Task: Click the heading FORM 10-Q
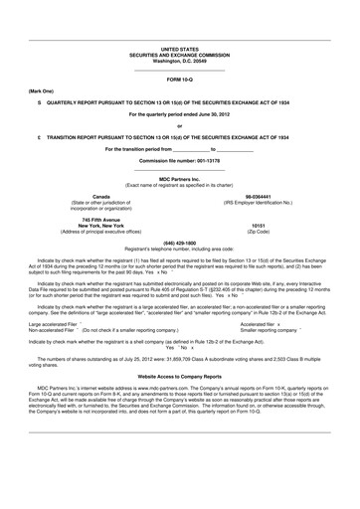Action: coord(180,78)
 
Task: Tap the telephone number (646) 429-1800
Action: coord(179,242)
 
